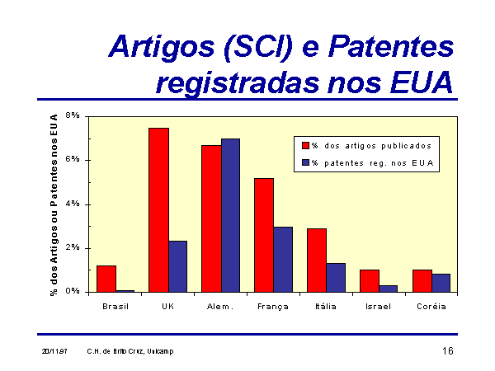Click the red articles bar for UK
click(x=158, y=210)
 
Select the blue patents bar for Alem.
click(x=230, y=215)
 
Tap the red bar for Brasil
click(x=106, y=279)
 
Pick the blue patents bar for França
click(x=283, y=260)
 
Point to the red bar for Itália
click(x=317, y=261)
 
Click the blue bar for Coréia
click(x=441, y=283)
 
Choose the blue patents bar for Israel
click(x=389, y=289)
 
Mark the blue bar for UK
click(x=177, y=266)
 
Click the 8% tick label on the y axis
click(x=73, y=115)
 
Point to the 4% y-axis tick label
click(x=73, y=204)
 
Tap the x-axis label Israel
click(x=378, y=307)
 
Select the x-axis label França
click(x=273, y=307)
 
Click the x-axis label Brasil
click(x=115, y=307)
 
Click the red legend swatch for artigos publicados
click(x=305, y=145)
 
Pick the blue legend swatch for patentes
click(x=305, y=162)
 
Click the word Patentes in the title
click(x=391, y=47)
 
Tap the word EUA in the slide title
click(x=422, y=82)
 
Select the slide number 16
click(x=448, y=351)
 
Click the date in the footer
click(x=54, y=351)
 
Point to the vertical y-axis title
click(x=54, y=205)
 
